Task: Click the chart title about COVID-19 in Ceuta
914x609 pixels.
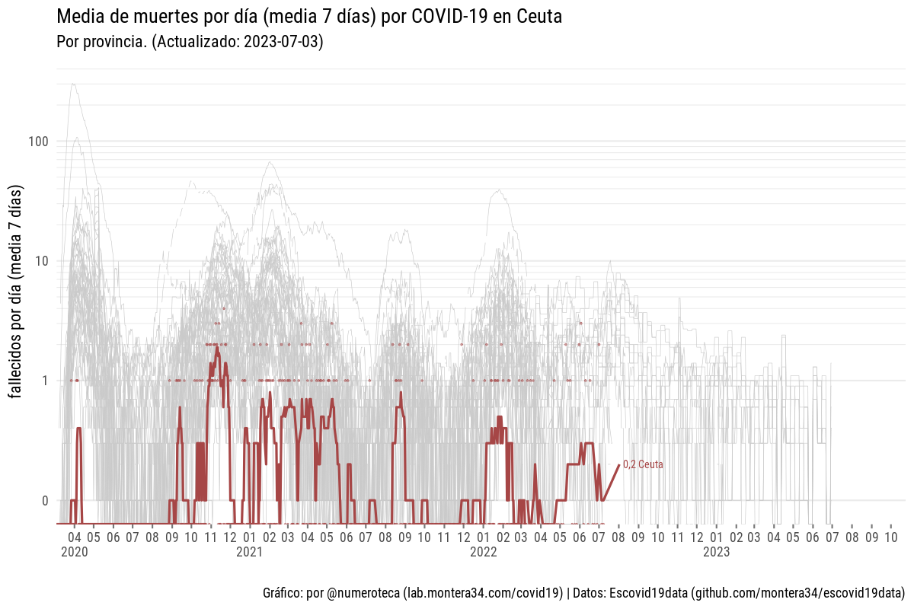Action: click(309, 17)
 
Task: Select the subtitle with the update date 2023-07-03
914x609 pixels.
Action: click(190, 42)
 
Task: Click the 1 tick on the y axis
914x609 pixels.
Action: click(45, 381)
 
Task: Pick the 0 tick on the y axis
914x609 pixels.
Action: click(45, 500)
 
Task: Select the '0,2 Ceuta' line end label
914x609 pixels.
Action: click(643, 464)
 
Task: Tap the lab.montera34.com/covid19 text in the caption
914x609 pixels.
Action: click(483, 592)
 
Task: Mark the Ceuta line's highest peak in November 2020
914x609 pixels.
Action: click(217, 349)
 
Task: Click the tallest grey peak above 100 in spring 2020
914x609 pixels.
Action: click(73, 84)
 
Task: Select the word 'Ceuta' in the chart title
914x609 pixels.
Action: click(538, 17)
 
